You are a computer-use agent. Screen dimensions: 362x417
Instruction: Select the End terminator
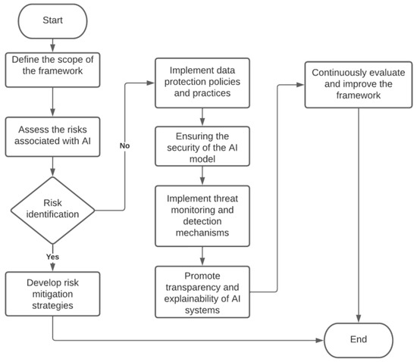pyautogui.click(x=359, y=340)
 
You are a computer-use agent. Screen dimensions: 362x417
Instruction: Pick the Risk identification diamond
pyautogui.click(x=53, y=209)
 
